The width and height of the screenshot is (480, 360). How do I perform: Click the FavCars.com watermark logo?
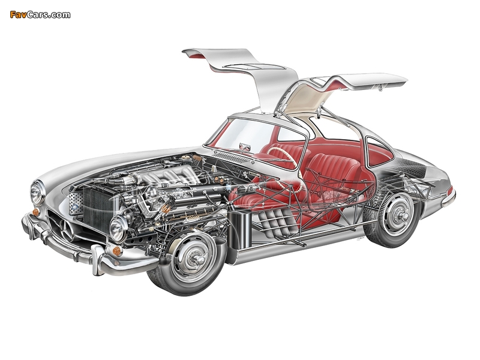coord(40,14)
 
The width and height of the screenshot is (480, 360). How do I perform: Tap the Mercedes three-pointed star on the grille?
coord(67,230)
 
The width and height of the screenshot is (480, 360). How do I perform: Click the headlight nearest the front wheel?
coord(118,229)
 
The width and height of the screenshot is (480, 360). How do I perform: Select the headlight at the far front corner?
coord(37,192)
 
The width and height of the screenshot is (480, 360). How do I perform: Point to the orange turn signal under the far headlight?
coord(36,212)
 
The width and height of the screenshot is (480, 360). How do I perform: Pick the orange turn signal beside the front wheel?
coord(117,251)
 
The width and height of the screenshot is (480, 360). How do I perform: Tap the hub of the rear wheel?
coord(401,215)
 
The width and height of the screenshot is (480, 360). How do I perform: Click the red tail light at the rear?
coord(450,191)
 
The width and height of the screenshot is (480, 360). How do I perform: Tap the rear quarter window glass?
coord(379,152)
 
